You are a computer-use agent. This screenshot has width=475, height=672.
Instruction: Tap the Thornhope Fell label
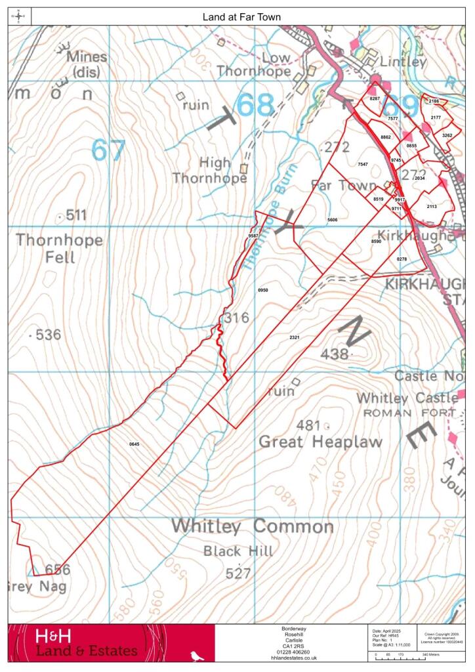pos(59,248)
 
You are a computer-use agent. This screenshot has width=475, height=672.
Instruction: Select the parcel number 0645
pos(134,444)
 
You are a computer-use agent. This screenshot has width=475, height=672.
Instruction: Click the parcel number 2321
pos(294,337)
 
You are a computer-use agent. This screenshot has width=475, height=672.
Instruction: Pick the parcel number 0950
pos(263,289)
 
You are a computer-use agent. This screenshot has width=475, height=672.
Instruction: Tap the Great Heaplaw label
pos(320,442)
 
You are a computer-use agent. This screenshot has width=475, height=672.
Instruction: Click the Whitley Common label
pos(253,526)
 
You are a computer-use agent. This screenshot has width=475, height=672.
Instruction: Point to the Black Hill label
pos(237,551)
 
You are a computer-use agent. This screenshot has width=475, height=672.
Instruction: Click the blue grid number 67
pos(108,150)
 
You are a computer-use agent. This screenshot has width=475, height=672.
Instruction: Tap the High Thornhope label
pos(210,170)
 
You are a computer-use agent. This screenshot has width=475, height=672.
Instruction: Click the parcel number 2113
pos(432,206)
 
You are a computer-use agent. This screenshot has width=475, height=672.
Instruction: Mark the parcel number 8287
pos(375,98)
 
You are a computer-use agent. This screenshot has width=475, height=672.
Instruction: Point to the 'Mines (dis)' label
pos(87,64)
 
